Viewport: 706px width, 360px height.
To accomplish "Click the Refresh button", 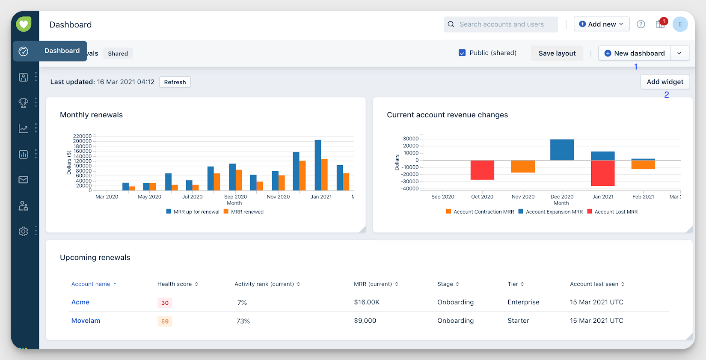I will pyautogui.click(x=175, y=82).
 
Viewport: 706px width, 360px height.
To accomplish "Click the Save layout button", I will pyautogui.click(x=557, y=54).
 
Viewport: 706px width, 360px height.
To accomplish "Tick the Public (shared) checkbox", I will pyautogui.click(x=462, y=53).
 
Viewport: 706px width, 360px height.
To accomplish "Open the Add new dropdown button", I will pyautogui.click(x=601, y=24).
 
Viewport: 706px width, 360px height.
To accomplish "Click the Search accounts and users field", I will pyautogui.click(x=501, y=24).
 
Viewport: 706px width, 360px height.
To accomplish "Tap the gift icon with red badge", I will pyautogui.click(x=660, y=24).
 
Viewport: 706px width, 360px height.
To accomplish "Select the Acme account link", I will pyautogui.click(x=80, y=302).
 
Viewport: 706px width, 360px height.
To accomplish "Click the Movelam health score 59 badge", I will pyautogui.click(x=165, y=321).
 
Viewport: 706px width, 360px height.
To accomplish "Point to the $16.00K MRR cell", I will pyautogui.click(x=367, y=302).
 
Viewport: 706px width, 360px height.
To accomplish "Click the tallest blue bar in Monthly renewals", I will pyautogui.click(x=318, y=165).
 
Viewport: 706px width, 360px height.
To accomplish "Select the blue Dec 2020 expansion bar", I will pyautogui.click(x=562, y=150).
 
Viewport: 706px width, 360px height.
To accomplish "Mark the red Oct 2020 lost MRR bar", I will pyautogui.click(x=482, y=170).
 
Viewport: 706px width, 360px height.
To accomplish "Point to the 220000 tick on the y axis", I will pyautogui.click(x=82, y=137).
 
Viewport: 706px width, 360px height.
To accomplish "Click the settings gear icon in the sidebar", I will pyautogui.click(x=24, y=232).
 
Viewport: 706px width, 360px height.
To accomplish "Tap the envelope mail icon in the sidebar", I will pyautogui.click(x=24, y=180).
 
